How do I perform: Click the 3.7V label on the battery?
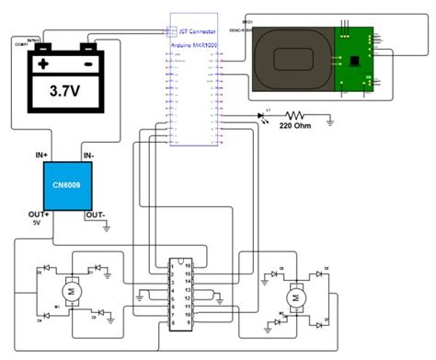click(x=63, y=92)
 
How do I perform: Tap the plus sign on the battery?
click(x=42, y=65)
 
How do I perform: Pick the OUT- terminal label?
click(x=97, y=215)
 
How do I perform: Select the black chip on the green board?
click(x=353, y=60)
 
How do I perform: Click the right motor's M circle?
click(x=295, y=297)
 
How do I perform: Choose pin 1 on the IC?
click(x=172, y=263)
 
